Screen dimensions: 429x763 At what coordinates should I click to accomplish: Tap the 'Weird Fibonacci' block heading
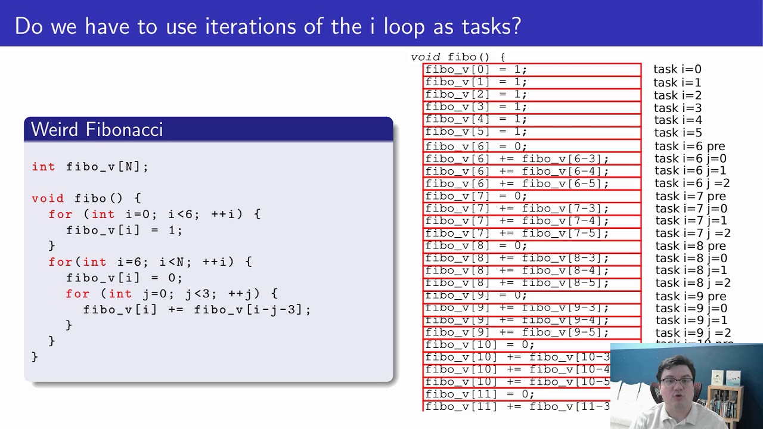click(x=97, y=129)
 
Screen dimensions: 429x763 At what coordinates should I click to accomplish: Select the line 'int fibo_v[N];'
click(x=90, y=167)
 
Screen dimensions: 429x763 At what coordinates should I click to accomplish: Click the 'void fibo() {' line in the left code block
click(x=86, y=198)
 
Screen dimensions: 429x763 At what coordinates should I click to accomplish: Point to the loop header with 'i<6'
click(x=154, y=214)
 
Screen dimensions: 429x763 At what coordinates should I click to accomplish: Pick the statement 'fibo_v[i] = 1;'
click(x=124, y=230)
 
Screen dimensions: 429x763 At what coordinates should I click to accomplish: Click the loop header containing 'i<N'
click(x=150, y=262)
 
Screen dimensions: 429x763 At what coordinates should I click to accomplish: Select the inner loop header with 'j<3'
click(x=172, y=294)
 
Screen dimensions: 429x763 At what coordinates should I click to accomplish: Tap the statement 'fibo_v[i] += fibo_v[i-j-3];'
click(x=197, y=310)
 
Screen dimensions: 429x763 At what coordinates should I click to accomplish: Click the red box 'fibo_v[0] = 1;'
click(x=532, y=70)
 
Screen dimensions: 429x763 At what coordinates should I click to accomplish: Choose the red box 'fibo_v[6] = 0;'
click(x=532, y=147)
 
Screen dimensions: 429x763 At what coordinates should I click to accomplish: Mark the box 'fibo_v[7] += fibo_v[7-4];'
click(x=532, y=221)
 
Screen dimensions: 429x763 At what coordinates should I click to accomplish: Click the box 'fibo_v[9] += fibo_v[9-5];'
click(x=532, y=332)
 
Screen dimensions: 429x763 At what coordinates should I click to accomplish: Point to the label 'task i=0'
click(x=677, y=70)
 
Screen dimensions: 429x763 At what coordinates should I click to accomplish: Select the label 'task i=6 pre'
click(x=690, y=147)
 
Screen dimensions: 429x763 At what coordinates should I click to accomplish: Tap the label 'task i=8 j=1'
click(x=691, y=271)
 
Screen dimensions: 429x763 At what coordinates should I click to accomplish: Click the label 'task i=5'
click(x=678, y=133)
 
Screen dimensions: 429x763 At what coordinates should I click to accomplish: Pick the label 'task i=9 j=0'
click(x=691, y=309)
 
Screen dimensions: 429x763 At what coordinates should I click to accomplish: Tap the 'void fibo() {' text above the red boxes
click(x=458, y=57)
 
